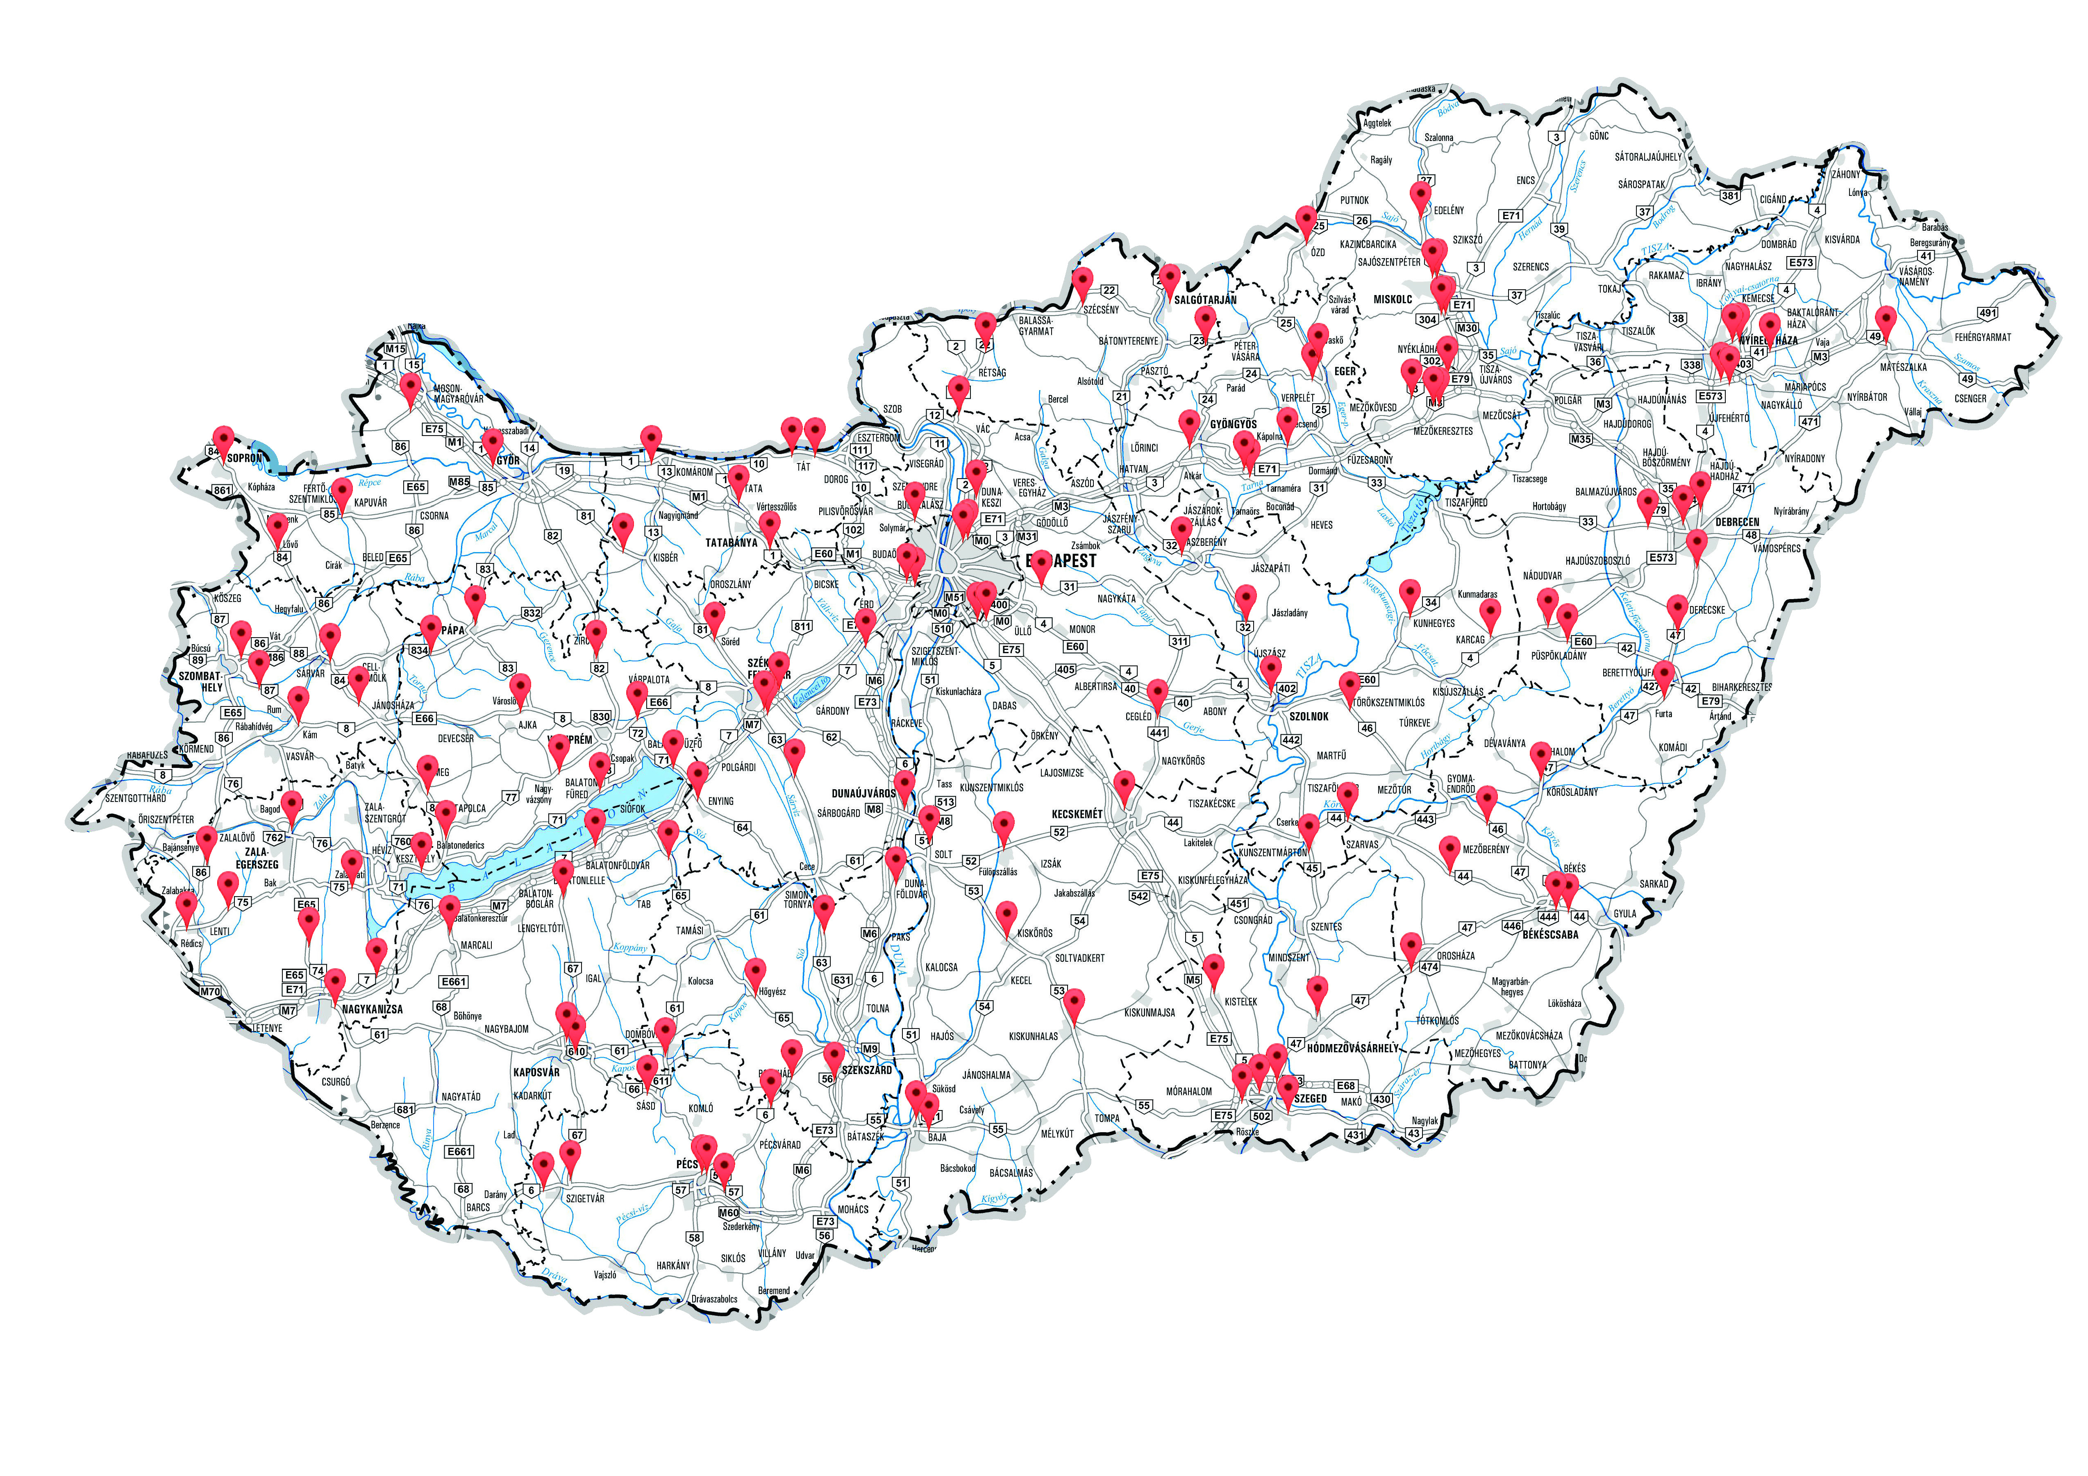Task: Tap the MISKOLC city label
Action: (1392, 299)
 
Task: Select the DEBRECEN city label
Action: (1737, 522)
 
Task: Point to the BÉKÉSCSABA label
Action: (1551, 934)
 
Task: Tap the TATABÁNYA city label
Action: (731, 543)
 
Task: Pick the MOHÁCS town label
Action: (853, 1210)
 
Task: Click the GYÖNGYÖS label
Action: (1233, 425)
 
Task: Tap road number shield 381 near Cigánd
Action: (1730, 195)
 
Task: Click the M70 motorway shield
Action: (210, 991)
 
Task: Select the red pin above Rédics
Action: (186, 906)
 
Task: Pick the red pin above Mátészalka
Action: (1886, 321)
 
